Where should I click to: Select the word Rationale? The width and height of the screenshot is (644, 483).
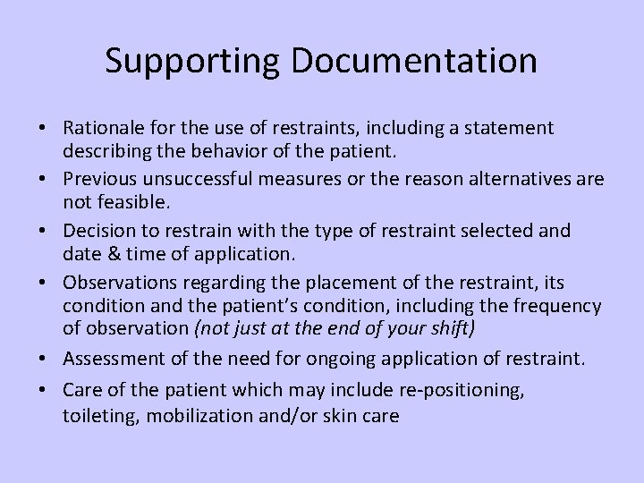click(x=102, y=129)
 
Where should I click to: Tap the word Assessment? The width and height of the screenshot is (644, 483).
click(x=109, y=360)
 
